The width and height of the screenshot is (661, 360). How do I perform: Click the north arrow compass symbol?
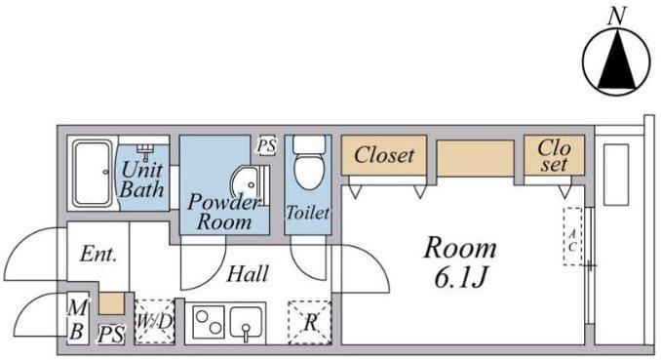616,61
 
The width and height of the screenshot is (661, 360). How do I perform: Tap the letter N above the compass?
616,17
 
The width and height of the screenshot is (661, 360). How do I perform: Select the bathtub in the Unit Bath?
93,174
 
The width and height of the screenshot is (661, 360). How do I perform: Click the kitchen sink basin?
247,323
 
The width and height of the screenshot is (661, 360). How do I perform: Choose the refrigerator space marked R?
310,322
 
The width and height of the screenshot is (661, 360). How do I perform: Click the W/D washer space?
155,322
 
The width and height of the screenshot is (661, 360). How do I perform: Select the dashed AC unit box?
572,236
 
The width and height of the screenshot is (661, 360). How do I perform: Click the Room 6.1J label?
460,262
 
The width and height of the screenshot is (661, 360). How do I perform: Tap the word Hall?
248,274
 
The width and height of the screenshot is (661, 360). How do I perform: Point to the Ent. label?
98,254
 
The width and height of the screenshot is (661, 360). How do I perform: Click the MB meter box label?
78,319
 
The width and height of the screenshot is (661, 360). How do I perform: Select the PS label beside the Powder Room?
267,146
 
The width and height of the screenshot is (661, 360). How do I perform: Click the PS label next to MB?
111,335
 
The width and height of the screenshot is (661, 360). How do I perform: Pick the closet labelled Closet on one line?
384,155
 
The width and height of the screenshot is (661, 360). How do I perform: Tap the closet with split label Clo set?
554,155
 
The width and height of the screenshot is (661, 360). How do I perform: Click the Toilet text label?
308,213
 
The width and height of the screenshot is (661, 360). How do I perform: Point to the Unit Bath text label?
141,180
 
